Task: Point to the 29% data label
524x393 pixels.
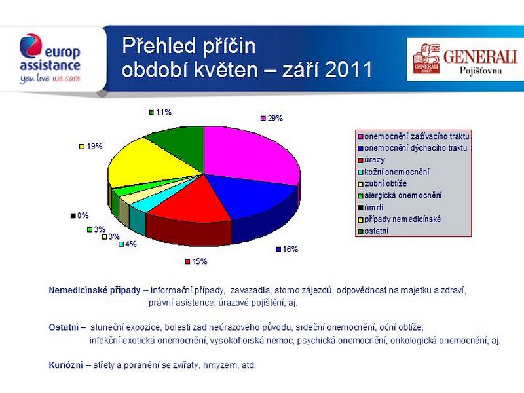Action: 272,118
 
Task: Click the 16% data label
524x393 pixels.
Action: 287,249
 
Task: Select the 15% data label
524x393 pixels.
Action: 196,261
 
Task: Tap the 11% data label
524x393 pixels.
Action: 160,112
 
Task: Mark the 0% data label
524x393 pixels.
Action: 79,215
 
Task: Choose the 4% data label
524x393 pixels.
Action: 128,244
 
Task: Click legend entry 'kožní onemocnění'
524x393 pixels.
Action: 394,172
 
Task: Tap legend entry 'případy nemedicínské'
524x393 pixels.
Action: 400,219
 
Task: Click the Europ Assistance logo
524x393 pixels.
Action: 50,59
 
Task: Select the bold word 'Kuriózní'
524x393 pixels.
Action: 66,365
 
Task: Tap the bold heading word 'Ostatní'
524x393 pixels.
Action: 64,327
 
